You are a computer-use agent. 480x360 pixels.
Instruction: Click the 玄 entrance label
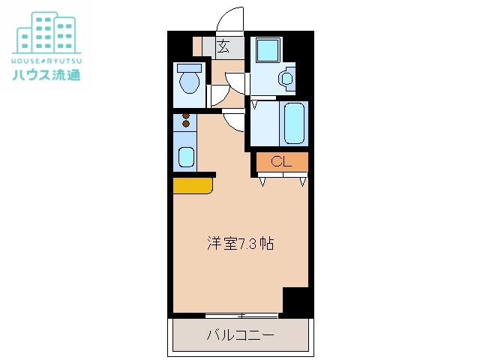223,47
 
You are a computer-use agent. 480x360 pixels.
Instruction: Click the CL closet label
281,161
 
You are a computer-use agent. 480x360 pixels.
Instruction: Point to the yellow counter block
192,185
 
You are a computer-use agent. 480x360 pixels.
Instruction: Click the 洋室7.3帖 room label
240,244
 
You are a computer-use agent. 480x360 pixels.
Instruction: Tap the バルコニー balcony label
240,334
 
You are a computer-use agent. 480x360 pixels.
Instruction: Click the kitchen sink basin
185,157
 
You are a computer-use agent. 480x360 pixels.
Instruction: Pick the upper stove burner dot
186,115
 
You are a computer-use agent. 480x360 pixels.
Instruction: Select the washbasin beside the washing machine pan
286,77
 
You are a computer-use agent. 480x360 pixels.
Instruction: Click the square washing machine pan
266,50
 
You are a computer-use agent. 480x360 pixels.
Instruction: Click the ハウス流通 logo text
46,74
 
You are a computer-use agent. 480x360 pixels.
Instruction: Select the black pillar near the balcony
295,301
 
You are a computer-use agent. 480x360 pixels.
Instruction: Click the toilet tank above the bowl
188,68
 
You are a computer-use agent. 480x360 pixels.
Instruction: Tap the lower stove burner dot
186,124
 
